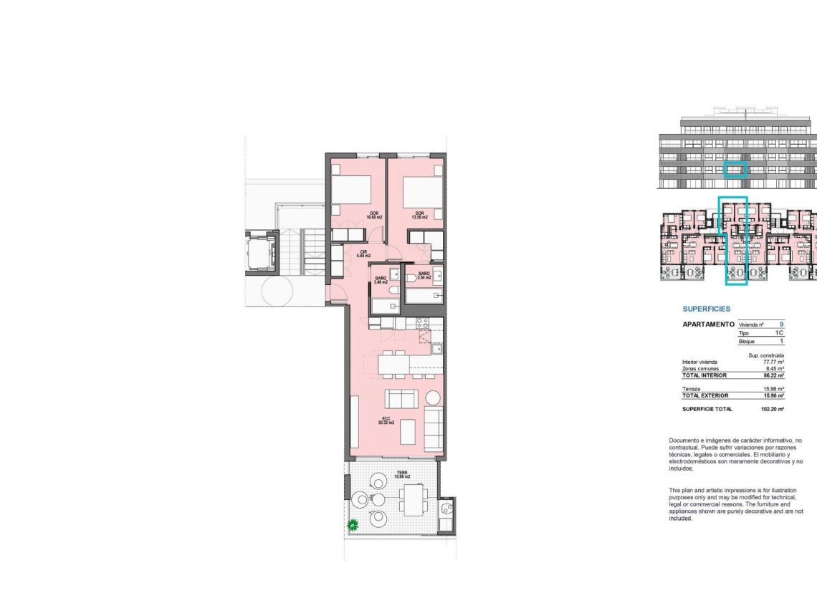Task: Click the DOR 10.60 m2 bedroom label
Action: click(374, 215)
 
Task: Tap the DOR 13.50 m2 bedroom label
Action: click(419, 215)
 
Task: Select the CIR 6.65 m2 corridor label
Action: click(364, 254)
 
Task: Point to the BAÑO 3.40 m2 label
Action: click(380, 280)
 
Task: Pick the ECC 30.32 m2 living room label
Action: click(386, 421)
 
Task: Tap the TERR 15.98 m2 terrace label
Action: click(402, 475)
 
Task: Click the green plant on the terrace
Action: click(353, 526)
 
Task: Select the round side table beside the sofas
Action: click(432, 397)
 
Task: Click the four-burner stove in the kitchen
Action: click(423, 323)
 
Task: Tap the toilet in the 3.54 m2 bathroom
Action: click(411, 279)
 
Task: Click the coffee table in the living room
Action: click(407, 431)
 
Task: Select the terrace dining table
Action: click(414, 499)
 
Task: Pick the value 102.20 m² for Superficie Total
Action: click(772, 409)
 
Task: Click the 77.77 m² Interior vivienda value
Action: click(773, 362)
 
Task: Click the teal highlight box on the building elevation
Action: click(735, 170)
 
